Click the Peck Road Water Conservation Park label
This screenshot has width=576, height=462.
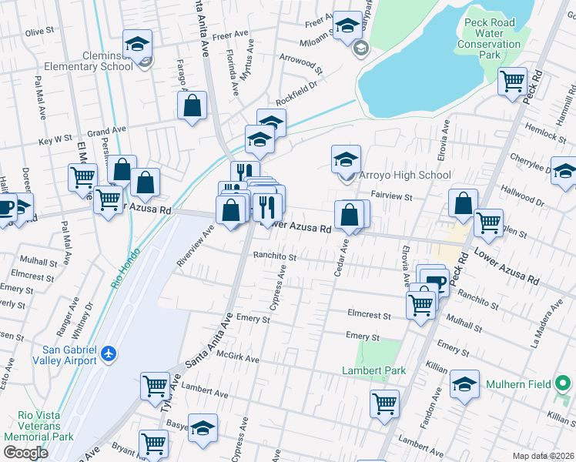pyautogui.click(x=493, y=38)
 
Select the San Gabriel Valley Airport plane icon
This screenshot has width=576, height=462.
pyautogui.click(x=108, y=353)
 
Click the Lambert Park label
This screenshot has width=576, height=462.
pyautogui.click(x=373, y=370)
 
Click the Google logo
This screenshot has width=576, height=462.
pyautogui.click(x=25, y=453)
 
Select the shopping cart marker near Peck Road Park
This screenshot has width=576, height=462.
pyautogui.click(x=512, y=80)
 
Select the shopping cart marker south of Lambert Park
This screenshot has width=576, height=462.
pyautogui.click(x=384, y=402)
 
